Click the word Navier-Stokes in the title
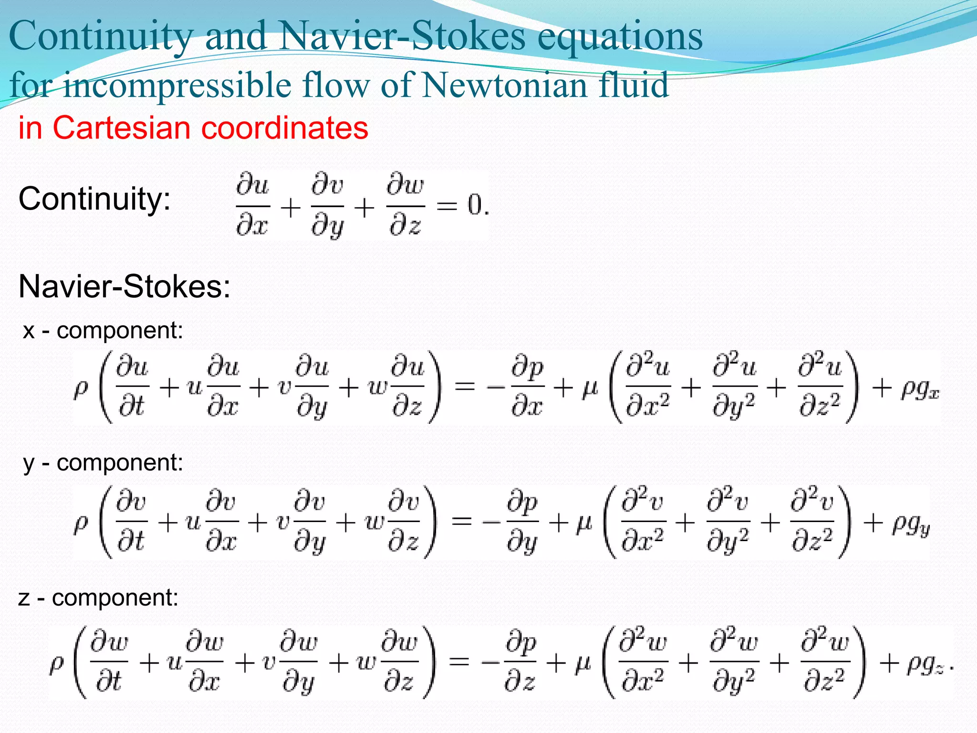[402, 37]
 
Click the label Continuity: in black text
[94, 199]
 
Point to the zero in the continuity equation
[475, 206]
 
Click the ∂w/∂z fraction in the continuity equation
[405, 206]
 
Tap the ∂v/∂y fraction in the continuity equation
[327, 206]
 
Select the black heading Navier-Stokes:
[124, 287]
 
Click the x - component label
[103, 330]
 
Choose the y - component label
[103, 462]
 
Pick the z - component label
[98, 597]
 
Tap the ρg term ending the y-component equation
[911, 525]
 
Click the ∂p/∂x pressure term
[527, 387]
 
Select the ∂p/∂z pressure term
[520, 662]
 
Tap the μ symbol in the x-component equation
[590, 388]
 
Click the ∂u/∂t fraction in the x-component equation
[133, 387]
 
